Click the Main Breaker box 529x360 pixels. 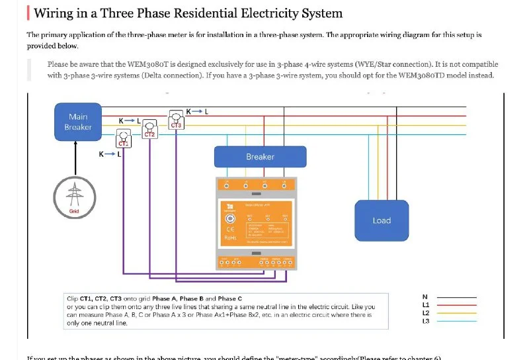pos(77,122)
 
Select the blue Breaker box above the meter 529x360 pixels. pos(260,157)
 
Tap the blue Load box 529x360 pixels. pos(382,220)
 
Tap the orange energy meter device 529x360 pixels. pos(255,225)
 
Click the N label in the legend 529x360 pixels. pos(425,297)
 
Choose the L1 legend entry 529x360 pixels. pos(426,305)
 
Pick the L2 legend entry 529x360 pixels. pos(426,313)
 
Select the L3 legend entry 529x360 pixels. pos(426,321)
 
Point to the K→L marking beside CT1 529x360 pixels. pos(109,154)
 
